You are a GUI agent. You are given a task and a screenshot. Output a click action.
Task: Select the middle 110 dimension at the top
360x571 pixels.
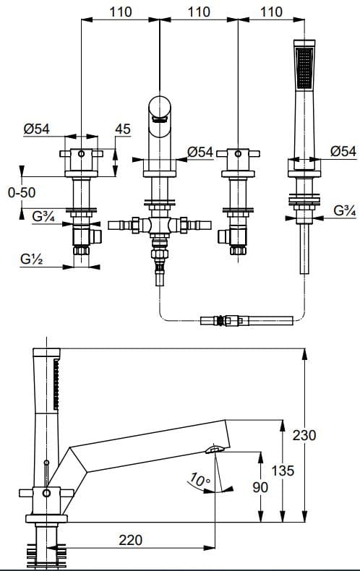[198, 12]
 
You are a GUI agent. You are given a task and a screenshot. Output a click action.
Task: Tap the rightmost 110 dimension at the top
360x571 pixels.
[272, 12]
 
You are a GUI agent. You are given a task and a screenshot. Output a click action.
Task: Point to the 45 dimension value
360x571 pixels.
[122, 129]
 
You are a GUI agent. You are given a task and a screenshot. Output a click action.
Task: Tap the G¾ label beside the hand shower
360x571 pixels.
[343, 211]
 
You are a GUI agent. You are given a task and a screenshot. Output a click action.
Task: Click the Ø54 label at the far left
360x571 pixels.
[36, 129]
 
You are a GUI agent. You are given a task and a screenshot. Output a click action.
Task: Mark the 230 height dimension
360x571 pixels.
[324, 435]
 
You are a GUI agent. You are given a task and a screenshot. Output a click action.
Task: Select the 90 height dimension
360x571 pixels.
[260, 487]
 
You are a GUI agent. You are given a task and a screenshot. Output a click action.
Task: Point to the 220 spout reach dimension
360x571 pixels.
[130, 540]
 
